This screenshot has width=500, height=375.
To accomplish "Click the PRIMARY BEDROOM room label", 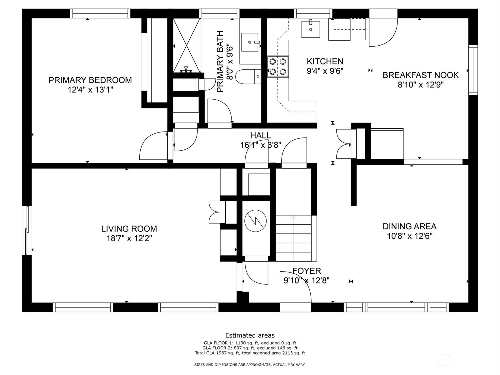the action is click(90, 80).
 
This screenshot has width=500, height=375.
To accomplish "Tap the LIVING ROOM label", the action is click(129, 229).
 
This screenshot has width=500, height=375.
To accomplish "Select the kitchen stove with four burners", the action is click(278, 67).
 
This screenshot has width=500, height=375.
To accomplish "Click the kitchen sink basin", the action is click(311, 29).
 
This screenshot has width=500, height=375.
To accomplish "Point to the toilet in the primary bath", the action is click(248, 77).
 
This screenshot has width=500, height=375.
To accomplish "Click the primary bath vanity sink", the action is click(250, 42).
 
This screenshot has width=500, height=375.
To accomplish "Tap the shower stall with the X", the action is click(187, 45).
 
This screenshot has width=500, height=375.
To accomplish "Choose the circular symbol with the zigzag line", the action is click(255, 221).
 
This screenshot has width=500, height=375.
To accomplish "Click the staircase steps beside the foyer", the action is click(293, 238).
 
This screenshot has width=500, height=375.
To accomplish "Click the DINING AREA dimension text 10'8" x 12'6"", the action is click(410, 236).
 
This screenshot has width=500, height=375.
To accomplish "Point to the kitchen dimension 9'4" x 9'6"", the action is click(325, 71).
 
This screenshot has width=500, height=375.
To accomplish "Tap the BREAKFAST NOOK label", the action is click(421, 75).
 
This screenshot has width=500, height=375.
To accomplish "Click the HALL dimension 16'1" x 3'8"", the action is click(261, 145).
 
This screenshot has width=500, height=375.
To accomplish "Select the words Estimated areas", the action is click(250, 335).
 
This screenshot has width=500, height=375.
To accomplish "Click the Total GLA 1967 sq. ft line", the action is click(250, 353).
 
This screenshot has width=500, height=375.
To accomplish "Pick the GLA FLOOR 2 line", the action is click(250, 348).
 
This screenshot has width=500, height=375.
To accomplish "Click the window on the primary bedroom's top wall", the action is click(100, 13).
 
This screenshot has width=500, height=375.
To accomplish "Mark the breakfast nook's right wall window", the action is click(473, 70).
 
